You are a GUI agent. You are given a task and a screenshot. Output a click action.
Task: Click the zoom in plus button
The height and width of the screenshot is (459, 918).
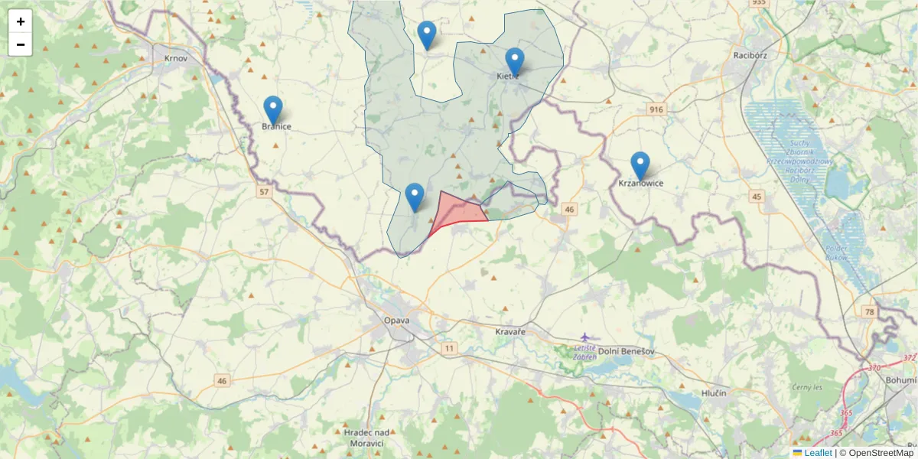(21, 21)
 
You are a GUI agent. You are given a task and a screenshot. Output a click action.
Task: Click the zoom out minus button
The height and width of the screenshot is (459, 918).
(21, 44)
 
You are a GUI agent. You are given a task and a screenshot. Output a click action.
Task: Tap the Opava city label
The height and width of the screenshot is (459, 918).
(397, 320)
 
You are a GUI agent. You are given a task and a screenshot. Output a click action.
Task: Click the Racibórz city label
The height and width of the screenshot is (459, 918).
(750, 55)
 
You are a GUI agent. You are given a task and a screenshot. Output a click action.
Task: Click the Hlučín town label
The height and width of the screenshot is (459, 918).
(713, 392)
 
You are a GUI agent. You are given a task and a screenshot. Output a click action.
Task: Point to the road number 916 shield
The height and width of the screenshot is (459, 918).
(656, 109)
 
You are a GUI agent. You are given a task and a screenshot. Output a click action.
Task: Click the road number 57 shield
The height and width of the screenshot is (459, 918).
(264, 191)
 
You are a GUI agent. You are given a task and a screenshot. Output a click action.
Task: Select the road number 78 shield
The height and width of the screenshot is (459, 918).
(869, 311)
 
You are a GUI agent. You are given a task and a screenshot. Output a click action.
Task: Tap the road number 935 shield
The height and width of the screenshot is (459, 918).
(758, 3)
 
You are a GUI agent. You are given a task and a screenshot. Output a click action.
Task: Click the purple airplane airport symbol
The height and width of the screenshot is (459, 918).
(585, 337)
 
